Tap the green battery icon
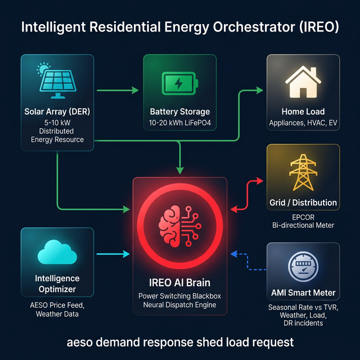coord(179,83)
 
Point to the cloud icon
coord(57,253)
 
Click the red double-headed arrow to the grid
coord(247,195)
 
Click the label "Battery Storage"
coord(179,111)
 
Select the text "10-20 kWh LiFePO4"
coord(179,123)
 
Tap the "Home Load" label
coord(303,111)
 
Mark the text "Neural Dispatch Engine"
coord(179,305)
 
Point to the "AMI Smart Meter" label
coord(303,292)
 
